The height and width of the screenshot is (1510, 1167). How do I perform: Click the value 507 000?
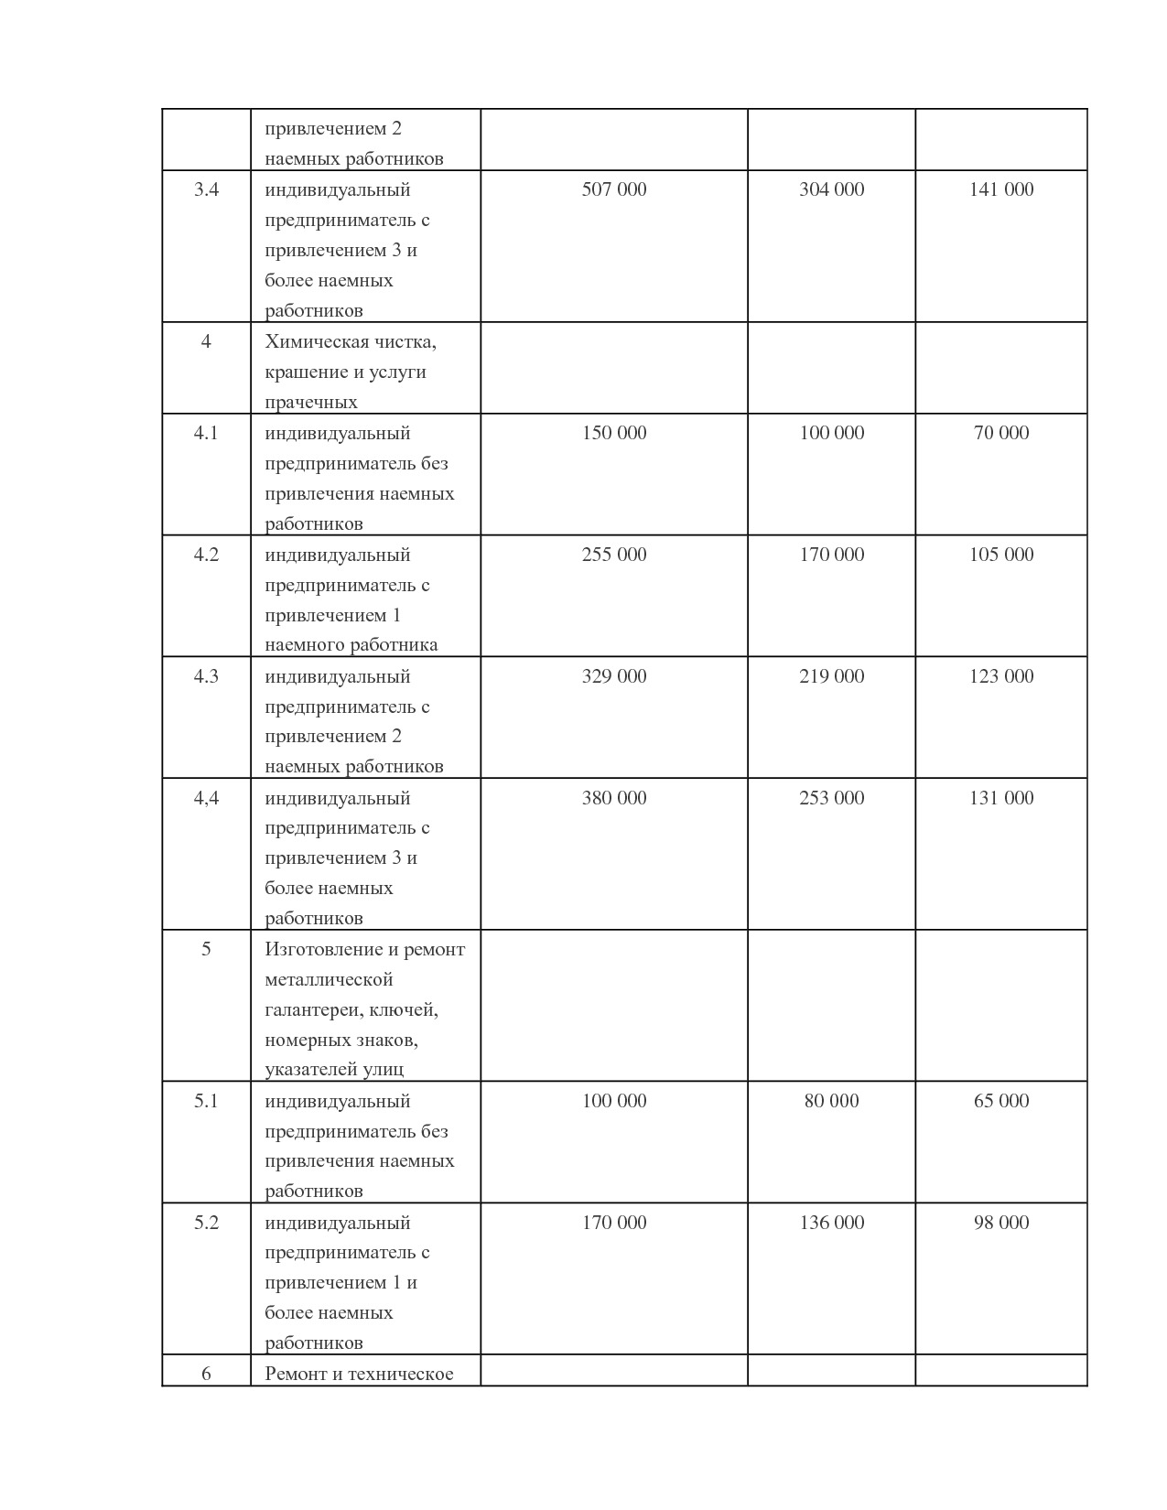tap(613, 189)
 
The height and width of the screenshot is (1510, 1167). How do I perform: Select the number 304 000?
tap(831, 189)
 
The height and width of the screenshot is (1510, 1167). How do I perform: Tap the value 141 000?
tap(1001, 189)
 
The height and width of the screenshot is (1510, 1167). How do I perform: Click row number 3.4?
tap(206, 189)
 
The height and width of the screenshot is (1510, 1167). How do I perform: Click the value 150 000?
tap(613, 433)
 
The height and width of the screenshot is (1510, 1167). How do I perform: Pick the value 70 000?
tap(1001, 433)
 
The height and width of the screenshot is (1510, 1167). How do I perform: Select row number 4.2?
tap(206, 555)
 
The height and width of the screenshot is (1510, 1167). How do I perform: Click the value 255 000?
tap(613, 555)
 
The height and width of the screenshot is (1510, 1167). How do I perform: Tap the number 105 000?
tap(1001, 555)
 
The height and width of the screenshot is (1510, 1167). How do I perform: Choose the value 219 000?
tap(831, 676)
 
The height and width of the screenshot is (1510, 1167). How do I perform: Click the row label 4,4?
tap(206, 798)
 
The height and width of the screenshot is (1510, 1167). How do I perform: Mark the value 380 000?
tap(613, 798)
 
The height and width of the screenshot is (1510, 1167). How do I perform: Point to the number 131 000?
tap(1001, 798)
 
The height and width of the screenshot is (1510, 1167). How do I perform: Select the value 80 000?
tap(831, 1101)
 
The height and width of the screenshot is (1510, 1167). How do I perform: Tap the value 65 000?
tap(1001, 1101)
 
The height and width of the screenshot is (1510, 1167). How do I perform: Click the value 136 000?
tap(831, 1223)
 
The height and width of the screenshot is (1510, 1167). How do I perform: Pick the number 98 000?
tap(1001, 1223)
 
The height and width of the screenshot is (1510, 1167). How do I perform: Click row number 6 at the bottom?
tap(206, 1374)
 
